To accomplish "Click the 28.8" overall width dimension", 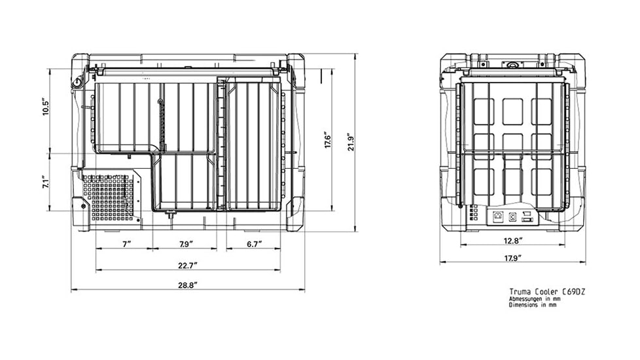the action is click(x=187, y=285).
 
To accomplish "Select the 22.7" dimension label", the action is click(x=187, y=266).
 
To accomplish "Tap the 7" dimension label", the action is click(x=127, y=244).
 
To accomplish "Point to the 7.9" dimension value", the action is click(x=186, y=244).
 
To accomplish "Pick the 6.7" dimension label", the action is click(x=254, y=244).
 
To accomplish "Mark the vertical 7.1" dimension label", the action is click(x=46, y=182).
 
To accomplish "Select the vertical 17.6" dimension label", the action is click(x=328, y=139).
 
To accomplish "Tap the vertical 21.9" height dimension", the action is click(x=351, y=141).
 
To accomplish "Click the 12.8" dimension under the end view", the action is click(x=512, y=241).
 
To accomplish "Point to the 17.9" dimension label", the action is click(x=512, y=259).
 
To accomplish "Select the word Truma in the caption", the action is click(x=519, y=291).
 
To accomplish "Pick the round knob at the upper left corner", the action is click(x=77, y=83).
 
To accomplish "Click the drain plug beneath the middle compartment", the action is click(x=169, y=214).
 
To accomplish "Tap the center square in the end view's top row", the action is click(x=512, y=111).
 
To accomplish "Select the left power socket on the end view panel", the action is click(x=497, y=217).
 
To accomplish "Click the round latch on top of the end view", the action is click(x=512, y=65).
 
